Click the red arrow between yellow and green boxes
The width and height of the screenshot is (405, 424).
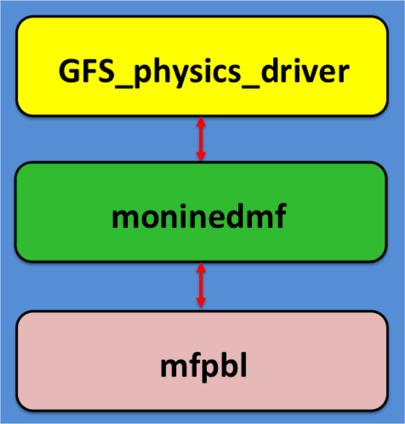(201, 138)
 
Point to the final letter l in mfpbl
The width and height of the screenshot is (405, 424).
(242, 366)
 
